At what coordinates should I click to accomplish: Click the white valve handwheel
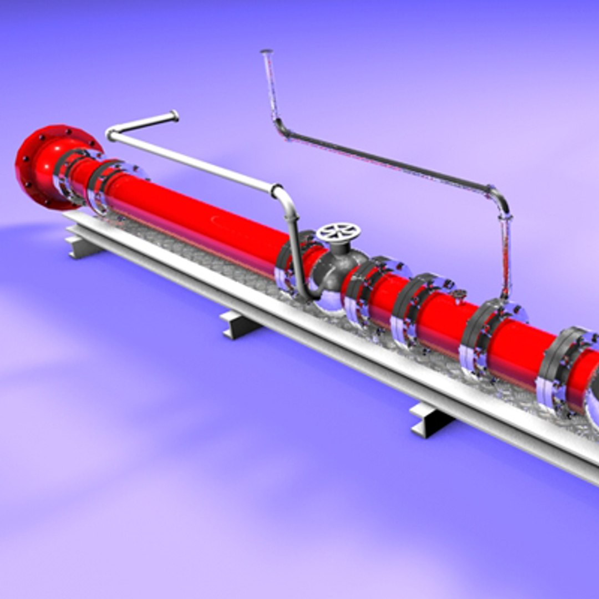point(338,232)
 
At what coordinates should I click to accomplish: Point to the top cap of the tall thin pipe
point(266,53)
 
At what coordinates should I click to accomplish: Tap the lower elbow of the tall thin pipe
point(281,129)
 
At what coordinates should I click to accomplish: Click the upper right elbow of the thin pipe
point(499,197)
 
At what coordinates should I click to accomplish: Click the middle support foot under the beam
point(238,324)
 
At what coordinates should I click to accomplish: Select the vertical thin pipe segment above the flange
point(506,255)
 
